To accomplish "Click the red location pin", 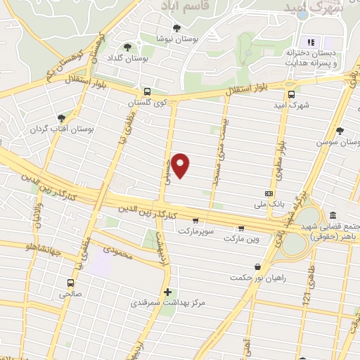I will pos(181,165).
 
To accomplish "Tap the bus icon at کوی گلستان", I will pos(147,91).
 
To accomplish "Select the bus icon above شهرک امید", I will pos(292,94).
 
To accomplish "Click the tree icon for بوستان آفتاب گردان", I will pos(62,117).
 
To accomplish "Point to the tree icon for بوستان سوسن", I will pos(340,131).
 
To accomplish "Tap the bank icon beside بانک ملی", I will pos(269,193).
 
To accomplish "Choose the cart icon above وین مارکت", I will pos(242,227).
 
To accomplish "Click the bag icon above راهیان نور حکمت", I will pos(257,267).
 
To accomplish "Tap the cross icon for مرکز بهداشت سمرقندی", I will pos(167,292).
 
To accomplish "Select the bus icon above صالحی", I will pos(70,283).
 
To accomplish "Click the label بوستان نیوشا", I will pos(173,38).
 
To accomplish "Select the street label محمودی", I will pos(117,251).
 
